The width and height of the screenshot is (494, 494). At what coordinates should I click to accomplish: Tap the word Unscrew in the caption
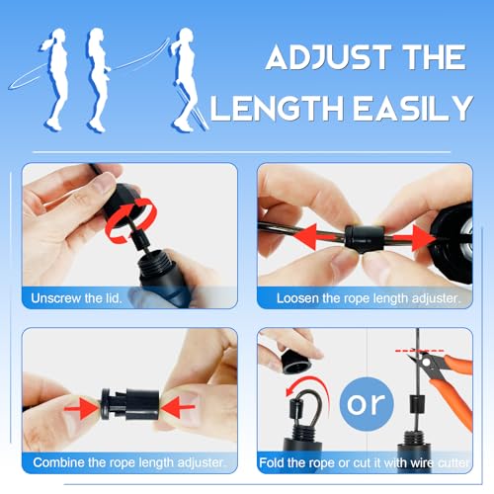(60, 296)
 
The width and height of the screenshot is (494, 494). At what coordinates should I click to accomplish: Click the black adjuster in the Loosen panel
(365, 238)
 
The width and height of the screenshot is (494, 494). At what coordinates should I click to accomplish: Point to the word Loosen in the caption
(300, 296)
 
